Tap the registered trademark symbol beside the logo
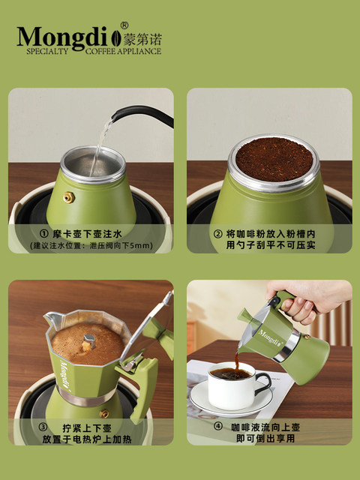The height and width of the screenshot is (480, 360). [x=124, y=25]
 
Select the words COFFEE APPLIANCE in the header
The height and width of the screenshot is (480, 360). [x=123, y=51]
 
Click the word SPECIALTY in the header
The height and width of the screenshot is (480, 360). [x=47, y=51]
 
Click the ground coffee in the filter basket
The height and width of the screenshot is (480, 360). [x=274, y=158]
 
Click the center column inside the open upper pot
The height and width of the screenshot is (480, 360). [x=89, y=341]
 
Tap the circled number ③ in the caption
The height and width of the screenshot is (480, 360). [x=42, y=428]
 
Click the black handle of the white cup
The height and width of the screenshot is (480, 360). [x=262, y=383]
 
